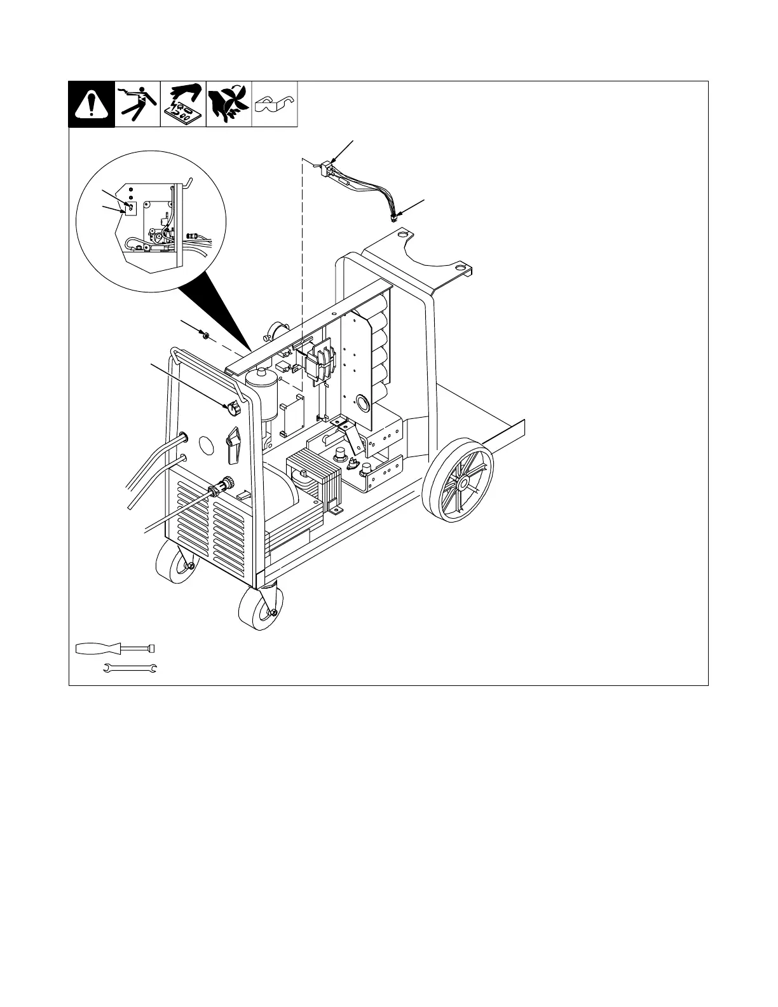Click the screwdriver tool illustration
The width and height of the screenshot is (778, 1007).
click(115, 648)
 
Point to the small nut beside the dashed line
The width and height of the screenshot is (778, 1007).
click(205, 334)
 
